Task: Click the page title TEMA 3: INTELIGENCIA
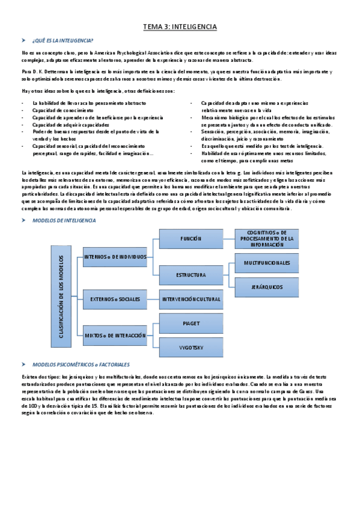point(180,27)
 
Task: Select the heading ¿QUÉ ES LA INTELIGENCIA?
point(63,41)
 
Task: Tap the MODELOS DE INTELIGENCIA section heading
point(64,221)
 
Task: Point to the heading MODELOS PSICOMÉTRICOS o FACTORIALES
point(81,364)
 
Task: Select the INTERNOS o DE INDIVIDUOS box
point(115,256)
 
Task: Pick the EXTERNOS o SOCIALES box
point(115,299)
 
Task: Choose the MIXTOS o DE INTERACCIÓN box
point(115,335)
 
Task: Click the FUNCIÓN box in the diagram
point(191,239)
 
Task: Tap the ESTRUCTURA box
point(191,275)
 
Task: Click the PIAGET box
point(191,324)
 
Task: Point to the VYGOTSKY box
point(191,347)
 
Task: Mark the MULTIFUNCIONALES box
point(266,263)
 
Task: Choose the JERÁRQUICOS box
point(266,287)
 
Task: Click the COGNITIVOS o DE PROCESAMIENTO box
point(266,239)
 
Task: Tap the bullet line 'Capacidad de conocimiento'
point(59,111)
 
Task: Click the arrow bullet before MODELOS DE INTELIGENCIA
point(24,221)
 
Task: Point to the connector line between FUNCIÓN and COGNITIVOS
point(228,239)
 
